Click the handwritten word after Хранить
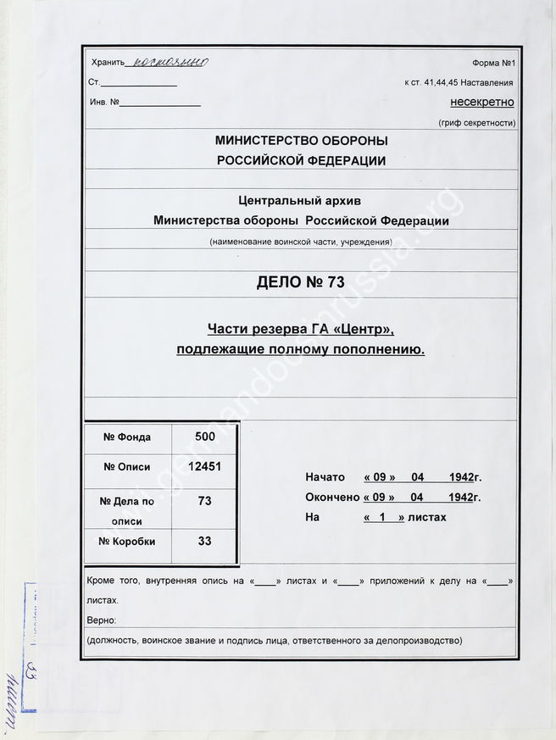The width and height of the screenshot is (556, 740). click(x=166, y=62)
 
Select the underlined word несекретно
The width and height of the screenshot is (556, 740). click(x=481, y=103)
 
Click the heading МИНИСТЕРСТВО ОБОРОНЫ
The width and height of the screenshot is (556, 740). click(x=302, y=141)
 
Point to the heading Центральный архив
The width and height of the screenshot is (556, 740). click(x=301, y=201)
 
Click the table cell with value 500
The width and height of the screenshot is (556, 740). click(x=204, y=437)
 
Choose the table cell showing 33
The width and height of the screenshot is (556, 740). click(x=204, y=541)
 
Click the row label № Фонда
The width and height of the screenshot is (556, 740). click(x=127, y=437)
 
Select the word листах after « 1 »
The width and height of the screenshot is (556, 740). click(x=426, y=516)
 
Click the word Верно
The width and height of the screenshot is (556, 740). click(x=103, y=620)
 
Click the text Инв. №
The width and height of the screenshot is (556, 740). click(x=104, y=103)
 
